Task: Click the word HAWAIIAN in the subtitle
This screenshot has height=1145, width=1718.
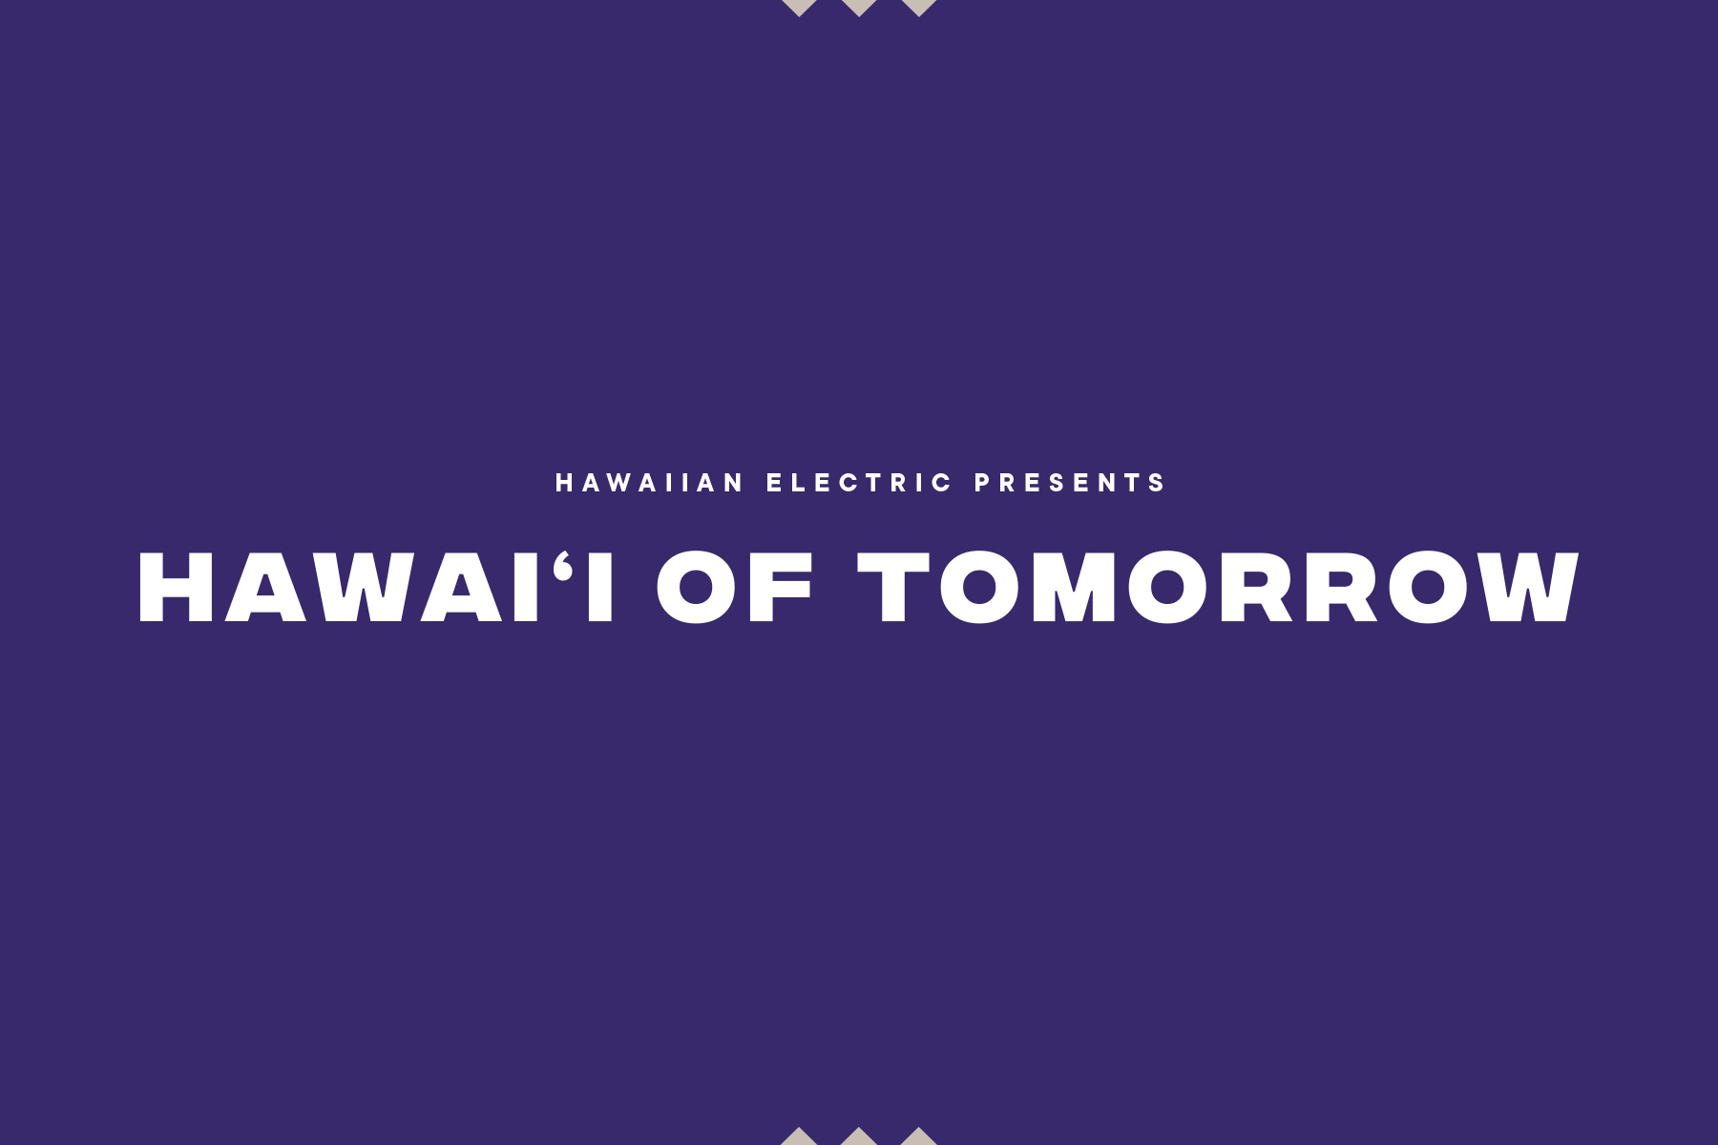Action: point(649,483)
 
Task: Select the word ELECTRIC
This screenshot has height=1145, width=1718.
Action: point(860,483)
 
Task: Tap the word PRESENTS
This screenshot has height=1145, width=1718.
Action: point(1070,483)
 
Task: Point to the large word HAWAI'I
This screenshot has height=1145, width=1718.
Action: point(376,588)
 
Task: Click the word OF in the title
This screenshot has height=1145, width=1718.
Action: point(735,588)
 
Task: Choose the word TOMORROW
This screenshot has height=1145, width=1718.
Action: point(1218,588)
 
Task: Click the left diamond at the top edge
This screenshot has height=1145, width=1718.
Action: point(799,8)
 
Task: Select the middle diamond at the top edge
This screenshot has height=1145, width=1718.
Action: point(858,8)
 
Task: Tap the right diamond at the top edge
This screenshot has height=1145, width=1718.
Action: point(918,8)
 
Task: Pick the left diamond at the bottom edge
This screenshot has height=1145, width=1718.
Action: point(799,1136)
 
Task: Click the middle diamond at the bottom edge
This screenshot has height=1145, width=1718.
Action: point(858,1136)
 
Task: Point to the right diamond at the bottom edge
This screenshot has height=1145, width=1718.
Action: point(918,1136)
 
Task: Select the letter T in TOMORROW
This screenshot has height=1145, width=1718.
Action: point(893,588)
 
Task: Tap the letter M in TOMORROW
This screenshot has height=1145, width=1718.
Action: point(1074,588)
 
